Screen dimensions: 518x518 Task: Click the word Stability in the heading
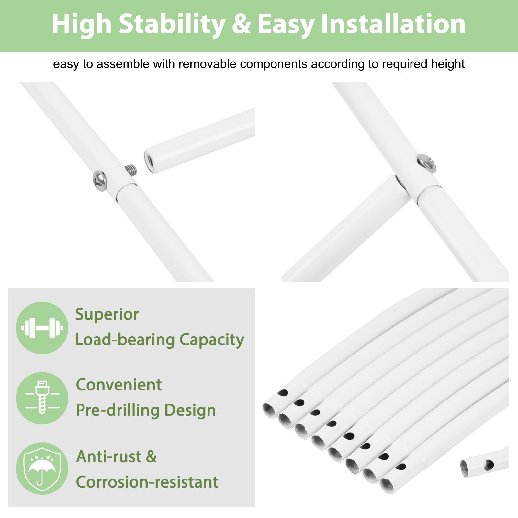click(x=172, y=24)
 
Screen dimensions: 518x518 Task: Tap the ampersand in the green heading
click(x=241, y=24)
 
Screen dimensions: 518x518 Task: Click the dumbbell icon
click(x=42, y=328)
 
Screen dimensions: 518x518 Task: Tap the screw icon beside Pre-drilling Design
click(x=42, y=398)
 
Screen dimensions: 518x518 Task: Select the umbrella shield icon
click(x=42, y=468)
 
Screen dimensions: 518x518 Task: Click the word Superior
click(x=107, y=315)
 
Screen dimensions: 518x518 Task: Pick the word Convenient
click(x=119, y=385)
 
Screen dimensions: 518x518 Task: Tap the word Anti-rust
click(x=109, y=456)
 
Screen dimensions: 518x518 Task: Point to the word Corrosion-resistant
click(x=147, y=482)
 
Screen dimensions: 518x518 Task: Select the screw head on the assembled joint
click(x=427, y=163)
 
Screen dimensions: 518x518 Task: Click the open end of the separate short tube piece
click(x=464, y=468)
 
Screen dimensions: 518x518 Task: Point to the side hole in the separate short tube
click(x=489, y=465)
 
